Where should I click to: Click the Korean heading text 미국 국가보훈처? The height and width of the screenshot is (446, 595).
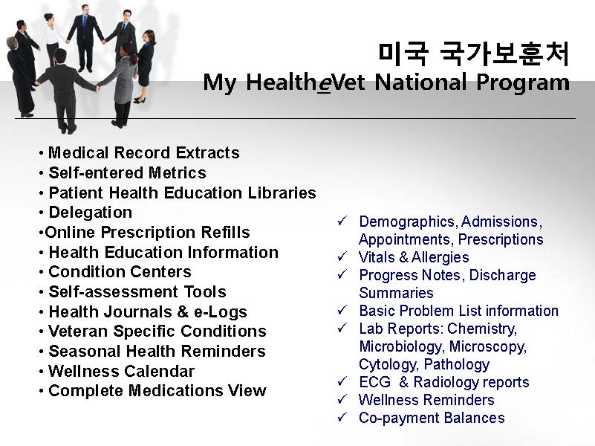(474, 54)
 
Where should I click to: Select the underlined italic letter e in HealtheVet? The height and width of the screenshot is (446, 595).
(324, 83)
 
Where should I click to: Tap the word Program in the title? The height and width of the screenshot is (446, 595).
(523, 83)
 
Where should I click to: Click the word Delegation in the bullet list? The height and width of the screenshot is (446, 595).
(91, 213)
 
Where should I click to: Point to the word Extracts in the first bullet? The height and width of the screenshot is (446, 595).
(207, 152)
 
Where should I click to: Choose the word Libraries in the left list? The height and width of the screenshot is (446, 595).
(282, 193)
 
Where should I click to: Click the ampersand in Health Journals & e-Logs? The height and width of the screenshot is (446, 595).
(183, 311)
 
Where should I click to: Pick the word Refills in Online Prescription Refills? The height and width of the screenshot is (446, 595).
(225, 232)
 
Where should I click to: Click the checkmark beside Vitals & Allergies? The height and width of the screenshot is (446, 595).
(342, 256)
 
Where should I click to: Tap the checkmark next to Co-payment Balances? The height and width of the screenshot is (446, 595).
(342, 417)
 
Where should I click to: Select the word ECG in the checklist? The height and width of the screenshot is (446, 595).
(374, 382)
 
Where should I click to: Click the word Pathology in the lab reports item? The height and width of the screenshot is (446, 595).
(457, 364)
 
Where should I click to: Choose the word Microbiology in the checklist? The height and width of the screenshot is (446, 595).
(400, 346)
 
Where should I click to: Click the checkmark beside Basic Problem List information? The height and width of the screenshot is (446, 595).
(342, 310)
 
